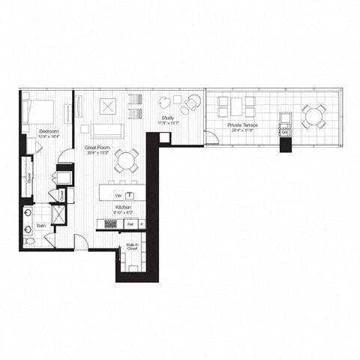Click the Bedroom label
(x=39, y=131)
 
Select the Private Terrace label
(x=244, y=124)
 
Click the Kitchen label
(x=124, y=206)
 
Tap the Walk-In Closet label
(x=130, y=246)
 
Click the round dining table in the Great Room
(x=126, y=159)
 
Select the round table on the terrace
(x=314, y=115)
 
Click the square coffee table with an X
(x=106, y=106)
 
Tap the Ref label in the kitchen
(x=130, y=223)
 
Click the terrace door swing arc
(x=211, y=138)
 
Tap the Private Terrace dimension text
(x=244, y=130)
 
